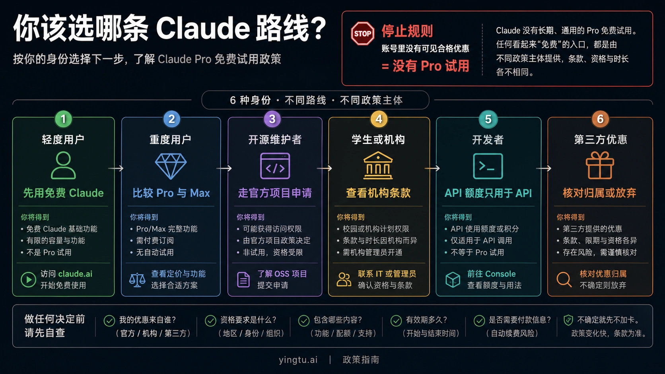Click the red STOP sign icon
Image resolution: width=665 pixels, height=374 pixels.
click(362, 33)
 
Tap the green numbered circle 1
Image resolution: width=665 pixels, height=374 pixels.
click(63, 119)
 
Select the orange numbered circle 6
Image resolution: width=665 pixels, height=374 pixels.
click(600, 119)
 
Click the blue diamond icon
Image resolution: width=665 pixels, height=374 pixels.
click(171, 166)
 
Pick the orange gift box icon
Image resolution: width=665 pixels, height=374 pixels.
click(600, 165)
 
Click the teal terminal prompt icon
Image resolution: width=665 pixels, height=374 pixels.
click(488, 166)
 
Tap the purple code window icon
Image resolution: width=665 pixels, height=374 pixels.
click(275, 166)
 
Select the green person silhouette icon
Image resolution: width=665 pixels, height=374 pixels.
click(63, 165)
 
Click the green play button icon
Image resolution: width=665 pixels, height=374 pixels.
click(29, 279)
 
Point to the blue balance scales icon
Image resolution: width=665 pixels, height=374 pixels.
click(137, 280)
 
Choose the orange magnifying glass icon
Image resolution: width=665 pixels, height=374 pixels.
click(564, 280)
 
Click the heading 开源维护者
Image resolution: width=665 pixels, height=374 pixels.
click(275, 140)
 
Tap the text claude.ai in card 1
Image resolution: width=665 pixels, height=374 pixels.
click(75, 274)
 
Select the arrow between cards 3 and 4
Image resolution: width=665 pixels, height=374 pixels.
click(325, 169)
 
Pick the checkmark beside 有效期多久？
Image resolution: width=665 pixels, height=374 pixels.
click(396, 321)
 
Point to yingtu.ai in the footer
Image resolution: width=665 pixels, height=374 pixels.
click(298, 360)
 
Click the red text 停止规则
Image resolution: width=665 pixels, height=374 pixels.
click(407, 31)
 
